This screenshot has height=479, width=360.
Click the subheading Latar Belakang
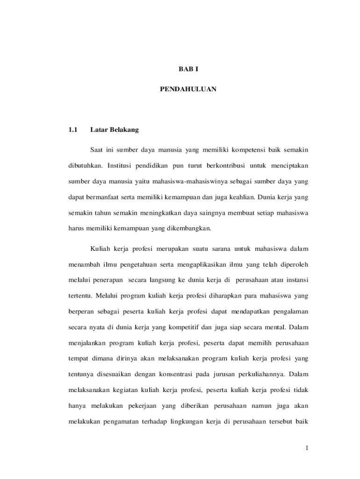point(115,130)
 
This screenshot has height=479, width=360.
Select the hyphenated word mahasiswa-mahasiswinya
point(166,181)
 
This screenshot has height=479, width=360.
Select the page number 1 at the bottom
point(306,449)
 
